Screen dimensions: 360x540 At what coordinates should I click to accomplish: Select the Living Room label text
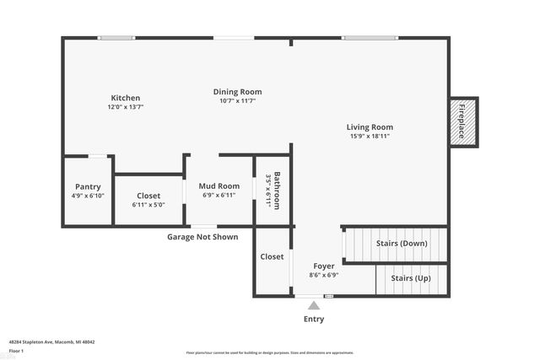tap(370, 127)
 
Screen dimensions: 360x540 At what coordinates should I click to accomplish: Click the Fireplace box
tap(463, 121)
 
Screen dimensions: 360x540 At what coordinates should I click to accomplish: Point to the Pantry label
tap(88, 186)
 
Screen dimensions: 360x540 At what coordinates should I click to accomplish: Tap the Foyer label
tap(324, 266)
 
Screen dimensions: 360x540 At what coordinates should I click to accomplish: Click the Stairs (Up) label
tap(409, 278)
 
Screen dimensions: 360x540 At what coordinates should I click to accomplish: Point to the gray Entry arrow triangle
tap(313, 305)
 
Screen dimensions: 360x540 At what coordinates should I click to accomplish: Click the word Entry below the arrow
tap(313, 320)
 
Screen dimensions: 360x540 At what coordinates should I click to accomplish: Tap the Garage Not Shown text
tap(202, 237)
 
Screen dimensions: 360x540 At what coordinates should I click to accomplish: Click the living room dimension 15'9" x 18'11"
tap(370, 136)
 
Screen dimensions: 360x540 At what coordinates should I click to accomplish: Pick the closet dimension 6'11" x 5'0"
tap(148, 204)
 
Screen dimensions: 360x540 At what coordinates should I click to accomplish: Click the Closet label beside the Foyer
tap(272, 256)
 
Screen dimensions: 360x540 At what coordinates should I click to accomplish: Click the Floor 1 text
tap(16, 350)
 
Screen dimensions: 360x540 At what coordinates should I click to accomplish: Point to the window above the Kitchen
tap(116, 37)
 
